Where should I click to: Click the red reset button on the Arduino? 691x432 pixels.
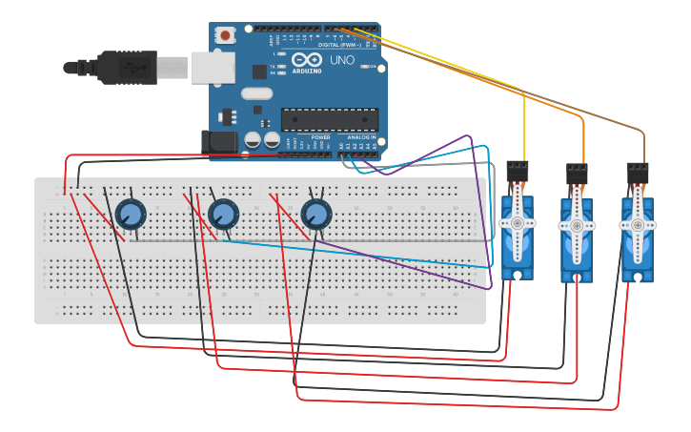pos(225,35)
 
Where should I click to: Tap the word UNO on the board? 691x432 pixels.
pos(342,61)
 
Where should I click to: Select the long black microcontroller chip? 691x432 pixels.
pos(329,119)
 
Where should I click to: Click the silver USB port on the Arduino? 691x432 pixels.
pos(212,68)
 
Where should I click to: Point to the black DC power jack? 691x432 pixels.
pos(219,141)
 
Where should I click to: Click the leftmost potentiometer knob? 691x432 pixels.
pos(130,215)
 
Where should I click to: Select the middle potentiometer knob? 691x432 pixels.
pos(223,215)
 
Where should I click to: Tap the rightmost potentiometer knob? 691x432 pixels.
pos(315,215)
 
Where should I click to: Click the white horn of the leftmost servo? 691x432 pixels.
pos(517,223)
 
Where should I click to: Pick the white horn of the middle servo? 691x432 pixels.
pos(576,226)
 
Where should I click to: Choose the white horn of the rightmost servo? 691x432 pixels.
pos(637,225)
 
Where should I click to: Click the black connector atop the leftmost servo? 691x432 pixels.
pos(518,173)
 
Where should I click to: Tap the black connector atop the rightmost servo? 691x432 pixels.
pos(638,174)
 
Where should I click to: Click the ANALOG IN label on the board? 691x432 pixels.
pos(361,137)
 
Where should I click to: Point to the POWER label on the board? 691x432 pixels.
pos(320,137)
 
